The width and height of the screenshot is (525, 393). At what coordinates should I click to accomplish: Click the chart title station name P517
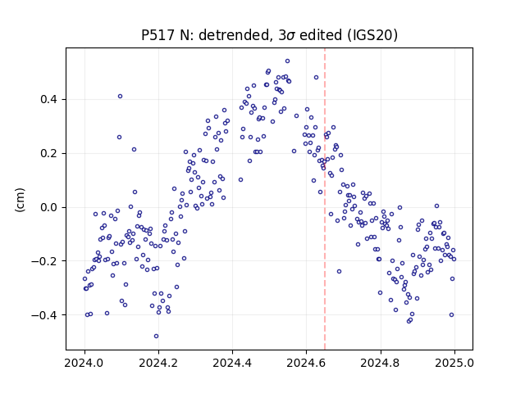(158, 35)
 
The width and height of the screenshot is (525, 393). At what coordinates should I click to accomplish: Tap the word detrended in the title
(234, 35)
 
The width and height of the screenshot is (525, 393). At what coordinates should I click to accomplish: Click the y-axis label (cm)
(20, 200)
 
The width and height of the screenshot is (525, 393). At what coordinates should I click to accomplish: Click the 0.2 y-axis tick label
(48, 153)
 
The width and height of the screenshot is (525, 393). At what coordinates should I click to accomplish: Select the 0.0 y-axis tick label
(48, 207)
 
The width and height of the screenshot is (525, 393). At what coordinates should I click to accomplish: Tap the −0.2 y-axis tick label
(44, 261)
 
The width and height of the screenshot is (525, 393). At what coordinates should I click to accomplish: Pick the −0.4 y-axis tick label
(44, 315)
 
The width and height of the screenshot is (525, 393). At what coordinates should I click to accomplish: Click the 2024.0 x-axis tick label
(84, 363)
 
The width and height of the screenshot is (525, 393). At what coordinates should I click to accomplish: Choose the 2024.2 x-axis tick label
(158, 363)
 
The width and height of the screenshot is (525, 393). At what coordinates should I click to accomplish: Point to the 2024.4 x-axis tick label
(232, 363)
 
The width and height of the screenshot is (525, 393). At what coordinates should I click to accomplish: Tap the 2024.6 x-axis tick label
(306, 363)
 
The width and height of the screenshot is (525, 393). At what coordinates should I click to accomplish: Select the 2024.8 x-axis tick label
(381, 363)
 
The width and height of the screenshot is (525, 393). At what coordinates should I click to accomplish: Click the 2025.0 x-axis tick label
(454, 363)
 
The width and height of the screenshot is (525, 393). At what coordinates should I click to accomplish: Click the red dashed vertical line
(325, 199)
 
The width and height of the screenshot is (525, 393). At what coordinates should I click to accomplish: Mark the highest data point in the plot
(287, 61)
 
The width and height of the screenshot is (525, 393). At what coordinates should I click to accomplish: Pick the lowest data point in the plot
(156, 337)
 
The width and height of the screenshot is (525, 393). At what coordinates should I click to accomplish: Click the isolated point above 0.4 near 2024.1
(121, 97)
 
